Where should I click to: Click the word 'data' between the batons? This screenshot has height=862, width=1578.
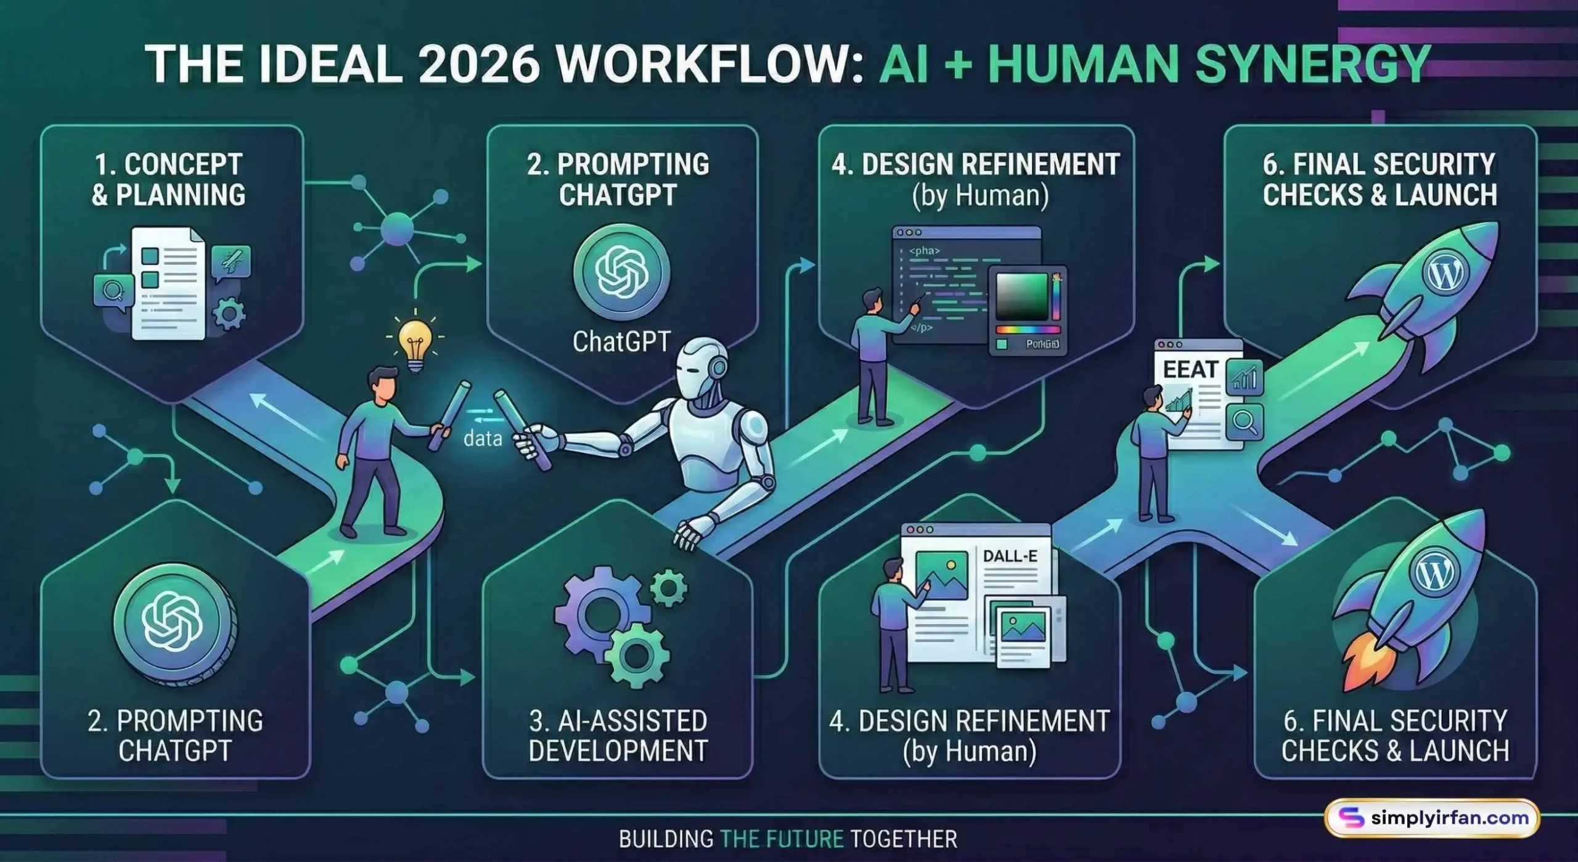point(483,439)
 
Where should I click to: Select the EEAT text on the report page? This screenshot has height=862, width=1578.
point(1190,369)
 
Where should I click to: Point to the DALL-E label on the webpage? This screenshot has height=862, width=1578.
point(1010,556)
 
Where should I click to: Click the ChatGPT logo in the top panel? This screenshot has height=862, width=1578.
point(621,271)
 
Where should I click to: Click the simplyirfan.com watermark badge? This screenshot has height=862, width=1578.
point(1431,818)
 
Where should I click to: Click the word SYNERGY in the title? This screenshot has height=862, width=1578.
point(1312,65)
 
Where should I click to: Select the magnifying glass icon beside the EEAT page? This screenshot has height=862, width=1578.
point(1245,422)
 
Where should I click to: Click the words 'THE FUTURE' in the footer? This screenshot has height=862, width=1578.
point(782,839)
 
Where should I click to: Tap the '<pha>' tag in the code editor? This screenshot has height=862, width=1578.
point(925,251)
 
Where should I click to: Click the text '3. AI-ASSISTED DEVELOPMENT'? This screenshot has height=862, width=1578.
point(618,736)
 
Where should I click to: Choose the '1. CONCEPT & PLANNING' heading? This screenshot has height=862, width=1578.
point(168,179)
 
